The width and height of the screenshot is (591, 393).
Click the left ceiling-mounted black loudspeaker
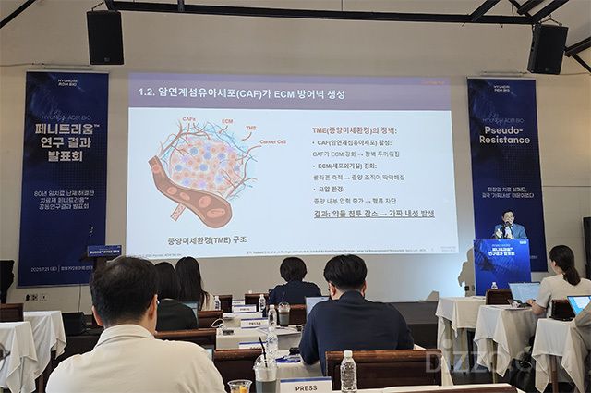coord(104,37)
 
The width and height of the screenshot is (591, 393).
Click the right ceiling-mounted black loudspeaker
coord(548,48)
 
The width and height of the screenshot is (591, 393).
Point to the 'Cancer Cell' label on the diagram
coord(273,141)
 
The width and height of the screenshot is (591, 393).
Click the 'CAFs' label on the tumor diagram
coord(188,119)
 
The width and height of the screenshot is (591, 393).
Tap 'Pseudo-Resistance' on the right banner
coord(505,125)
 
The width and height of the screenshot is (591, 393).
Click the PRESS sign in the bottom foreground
coord(305,383)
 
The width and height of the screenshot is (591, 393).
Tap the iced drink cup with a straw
coord(266,373)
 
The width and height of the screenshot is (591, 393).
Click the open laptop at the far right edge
coord(578,304)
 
